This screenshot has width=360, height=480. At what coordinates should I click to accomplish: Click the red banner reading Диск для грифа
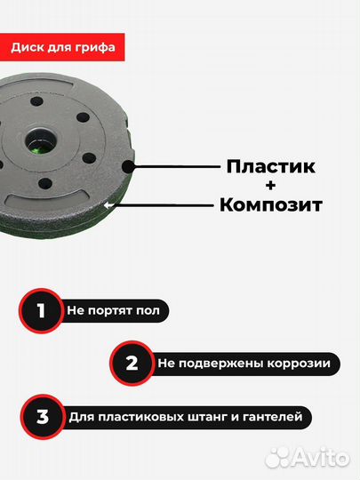pyautogui.click(x=63, y=46)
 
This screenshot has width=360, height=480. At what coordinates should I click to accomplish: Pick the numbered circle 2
pyautogui.click(x=132, y=363)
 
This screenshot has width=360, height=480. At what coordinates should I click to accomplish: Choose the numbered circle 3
pyautogui.click(x=41, y=415)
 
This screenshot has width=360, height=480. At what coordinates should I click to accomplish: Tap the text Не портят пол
pyautogui.click(x=116, y=311)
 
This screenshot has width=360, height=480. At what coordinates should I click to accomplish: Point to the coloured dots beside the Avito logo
pyautogui.click(x=278, y=457)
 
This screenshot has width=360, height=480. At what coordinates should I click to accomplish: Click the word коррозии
pyautogui.click(x=300, y=363)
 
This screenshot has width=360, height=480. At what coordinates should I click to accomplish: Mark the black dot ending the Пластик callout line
pyautogui.click(x=132, y=166)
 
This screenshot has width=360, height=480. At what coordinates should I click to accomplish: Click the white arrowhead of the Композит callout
pyautogui.click(x=108, y=204)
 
